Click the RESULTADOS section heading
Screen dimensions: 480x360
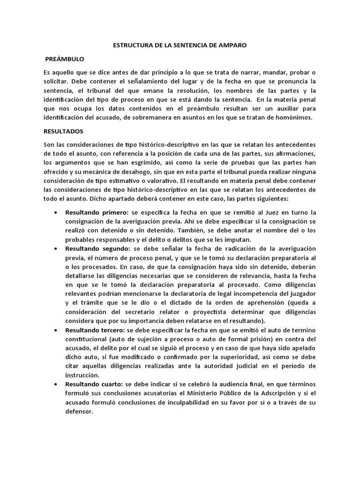click(63, 132)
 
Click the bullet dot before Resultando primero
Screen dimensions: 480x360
click(56, 213)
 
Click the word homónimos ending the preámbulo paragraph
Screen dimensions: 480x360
click(291, 117)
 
